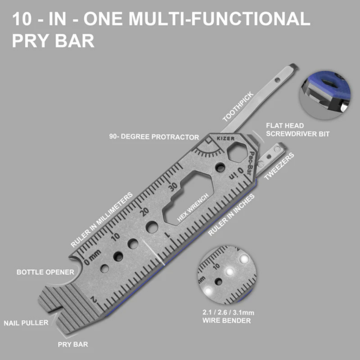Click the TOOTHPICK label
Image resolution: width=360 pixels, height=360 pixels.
(238, 107)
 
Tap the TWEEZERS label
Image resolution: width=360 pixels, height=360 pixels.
(279, 166)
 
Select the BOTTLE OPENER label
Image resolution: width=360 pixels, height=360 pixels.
(45, 272)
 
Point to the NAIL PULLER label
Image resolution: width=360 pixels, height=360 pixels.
(26, 323)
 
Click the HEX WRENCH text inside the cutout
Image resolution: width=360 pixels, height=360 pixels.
(193, 207)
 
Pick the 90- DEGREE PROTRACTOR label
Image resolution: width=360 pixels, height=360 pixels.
(154, 137)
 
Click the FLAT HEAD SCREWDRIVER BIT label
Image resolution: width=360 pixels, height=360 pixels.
(298, 130)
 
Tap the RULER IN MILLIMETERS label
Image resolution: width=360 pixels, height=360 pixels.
(102, 220)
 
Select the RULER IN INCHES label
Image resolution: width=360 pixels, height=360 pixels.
(231, 214)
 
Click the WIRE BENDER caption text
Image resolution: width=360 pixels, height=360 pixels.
(226, 321)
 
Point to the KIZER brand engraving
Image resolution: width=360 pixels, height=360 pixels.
(226, 138)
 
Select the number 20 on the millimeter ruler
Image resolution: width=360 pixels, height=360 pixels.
(144, 211)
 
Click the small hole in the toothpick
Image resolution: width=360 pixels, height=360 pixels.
(277, 80)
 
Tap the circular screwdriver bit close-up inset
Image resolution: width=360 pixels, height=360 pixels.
(325, 95)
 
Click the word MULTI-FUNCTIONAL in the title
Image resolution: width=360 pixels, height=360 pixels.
(219, 19)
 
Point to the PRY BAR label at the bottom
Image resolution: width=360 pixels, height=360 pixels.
(73, 345)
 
